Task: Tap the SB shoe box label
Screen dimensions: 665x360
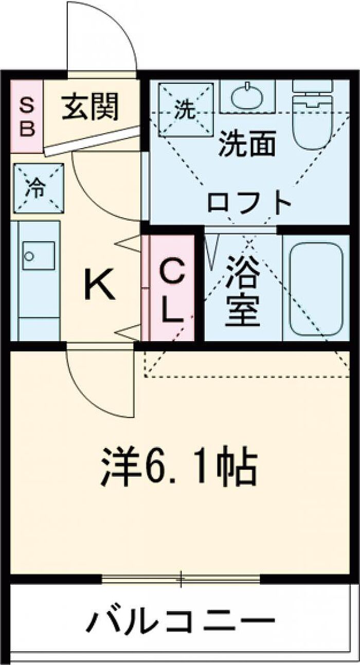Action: coord(27,117)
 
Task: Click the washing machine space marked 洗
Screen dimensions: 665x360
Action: coord(185,110)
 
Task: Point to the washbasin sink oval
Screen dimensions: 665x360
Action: coord(247,96)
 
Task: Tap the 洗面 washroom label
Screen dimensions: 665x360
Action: coord(247,143)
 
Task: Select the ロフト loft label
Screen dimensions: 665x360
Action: coord(249,202)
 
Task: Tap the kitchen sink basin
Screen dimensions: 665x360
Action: coord(38,255)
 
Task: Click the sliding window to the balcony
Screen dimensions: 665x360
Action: coord(181,579)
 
